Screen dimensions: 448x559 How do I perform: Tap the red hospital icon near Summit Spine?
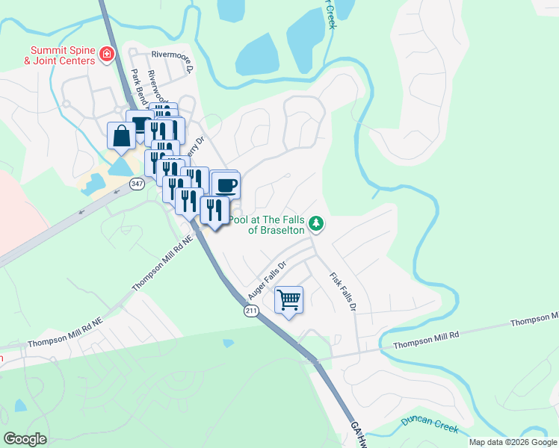pyautogui.click(x=107, y=55)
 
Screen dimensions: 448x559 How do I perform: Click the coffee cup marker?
pyautogui.click(x=225, y=185)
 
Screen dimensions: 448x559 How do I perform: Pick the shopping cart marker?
pyautogui.click(x=288, y=300)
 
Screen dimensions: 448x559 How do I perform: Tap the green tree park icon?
pyautogui.click(x=318, y=223)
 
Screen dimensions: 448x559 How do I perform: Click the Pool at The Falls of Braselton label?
pyautogui.click(x=267, y=225)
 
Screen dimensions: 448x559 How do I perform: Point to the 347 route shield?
pyautogui.click(x=135, y=183)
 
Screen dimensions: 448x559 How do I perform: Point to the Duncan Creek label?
pyautogui.click(x=428, y=423)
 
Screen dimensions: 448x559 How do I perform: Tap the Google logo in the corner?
pyautogui.click(x=25, y=439)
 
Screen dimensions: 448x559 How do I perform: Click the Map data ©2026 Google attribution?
pyautogui.click(x=512, y=442)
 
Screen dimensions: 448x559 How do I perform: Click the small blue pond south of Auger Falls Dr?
pyautogui.click(x=227, y=343)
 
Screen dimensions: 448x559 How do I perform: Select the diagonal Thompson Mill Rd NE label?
pyautogui.click(x=163, y=264)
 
